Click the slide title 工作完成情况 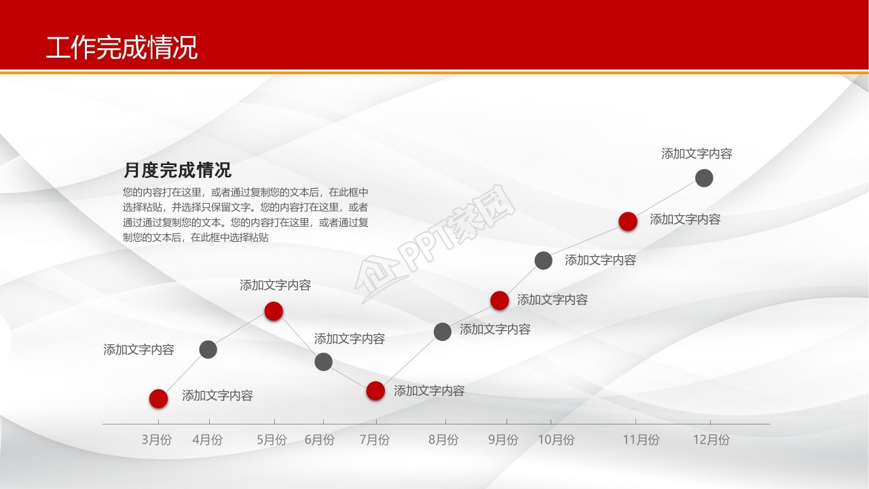pyautogui.click(x=122, y=48)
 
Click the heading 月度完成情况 pyautogui.click(x=177, y=170)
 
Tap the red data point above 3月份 pyautogui.click(x=158, y=399)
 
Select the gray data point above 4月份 pyautogui.click(x=208, y=350)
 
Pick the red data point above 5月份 pyautogui.click(x=274, y=311)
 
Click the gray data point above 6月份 pyautogui.click(x=324, y=362)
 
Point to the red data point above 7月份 pyautogui.click(x=375, y=391)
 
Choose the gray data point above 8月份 pyautogui.click(x=443, y=331)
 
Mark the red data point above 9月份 pyautogui.click(x=500, y=300)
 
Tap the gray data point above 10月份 pyautogui.click(x=543, y=260)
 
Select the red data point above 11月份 pyautogui.click(x=628, y=221)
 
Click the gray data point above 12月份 pyautogui.click(x=705, y=178)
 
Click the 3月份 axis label pyautogui.click(x=157, y=440)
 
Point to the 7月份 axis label pyautogui.click(x=374, y=440)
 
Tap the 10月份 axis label pyautogui.click(x=556, y=440)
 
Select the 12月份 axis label pyautogui.click(x=711, y=440)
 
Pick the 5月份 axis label pyautogui.click(x=272, y=440)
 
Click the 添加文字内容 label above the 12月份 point pyautogui.click(x=697, y=154)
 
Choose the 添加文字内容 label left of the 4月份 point pyautogui.click(x=138, y=350)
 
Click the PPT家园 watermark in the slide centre pyautogui.click(x=438, y=248)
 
